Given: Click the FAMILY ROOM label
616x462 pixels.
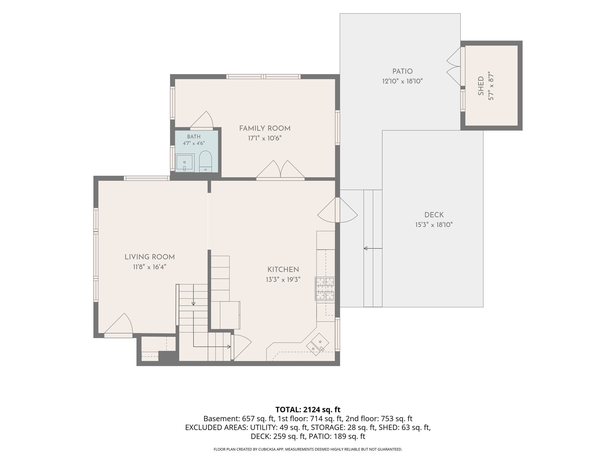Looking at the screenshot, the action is [265, 128].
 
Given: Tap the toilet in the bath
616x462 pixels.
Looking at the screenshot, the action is [205, 162].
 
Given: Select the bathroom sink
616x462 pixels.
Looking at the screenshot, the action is [185, 163].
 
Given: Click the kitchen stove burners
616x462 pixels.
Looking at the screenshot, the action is [325, 289].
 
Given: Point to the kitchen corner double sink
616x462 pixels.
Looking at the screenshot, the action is [318, 344].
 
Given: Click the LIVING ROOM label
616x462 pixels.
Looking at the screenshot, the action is [149, 257].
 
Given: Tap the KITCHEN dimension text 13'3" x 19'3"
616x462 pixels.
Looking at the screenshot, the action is [283, 279].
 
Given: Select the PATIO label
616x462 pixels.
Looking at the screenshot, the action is [402, 71].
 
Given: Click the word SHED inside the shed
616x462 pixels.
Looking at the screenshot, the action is [481, 86].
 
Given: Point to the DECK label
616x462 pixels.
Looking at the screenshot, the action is [434, 215].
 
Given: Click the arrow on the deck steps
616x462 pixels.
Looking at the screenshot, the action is [373, 248].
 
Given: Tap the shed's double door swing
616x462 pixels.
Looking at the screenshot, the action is [454, 66].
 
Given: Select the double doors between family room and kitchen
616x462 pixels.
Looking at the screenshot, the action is [280, 171].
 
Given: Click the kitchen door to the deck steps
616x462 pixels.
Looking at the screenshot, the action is [337, 210].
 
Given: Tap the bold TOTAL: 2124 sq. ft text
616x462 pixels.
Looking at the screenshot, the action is [308, 409].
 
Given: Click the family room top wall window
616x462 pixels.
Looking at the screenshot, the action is [263, 76].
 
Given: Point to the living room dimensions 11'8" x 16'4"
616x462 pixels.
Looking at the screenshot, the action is [149, 267].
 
